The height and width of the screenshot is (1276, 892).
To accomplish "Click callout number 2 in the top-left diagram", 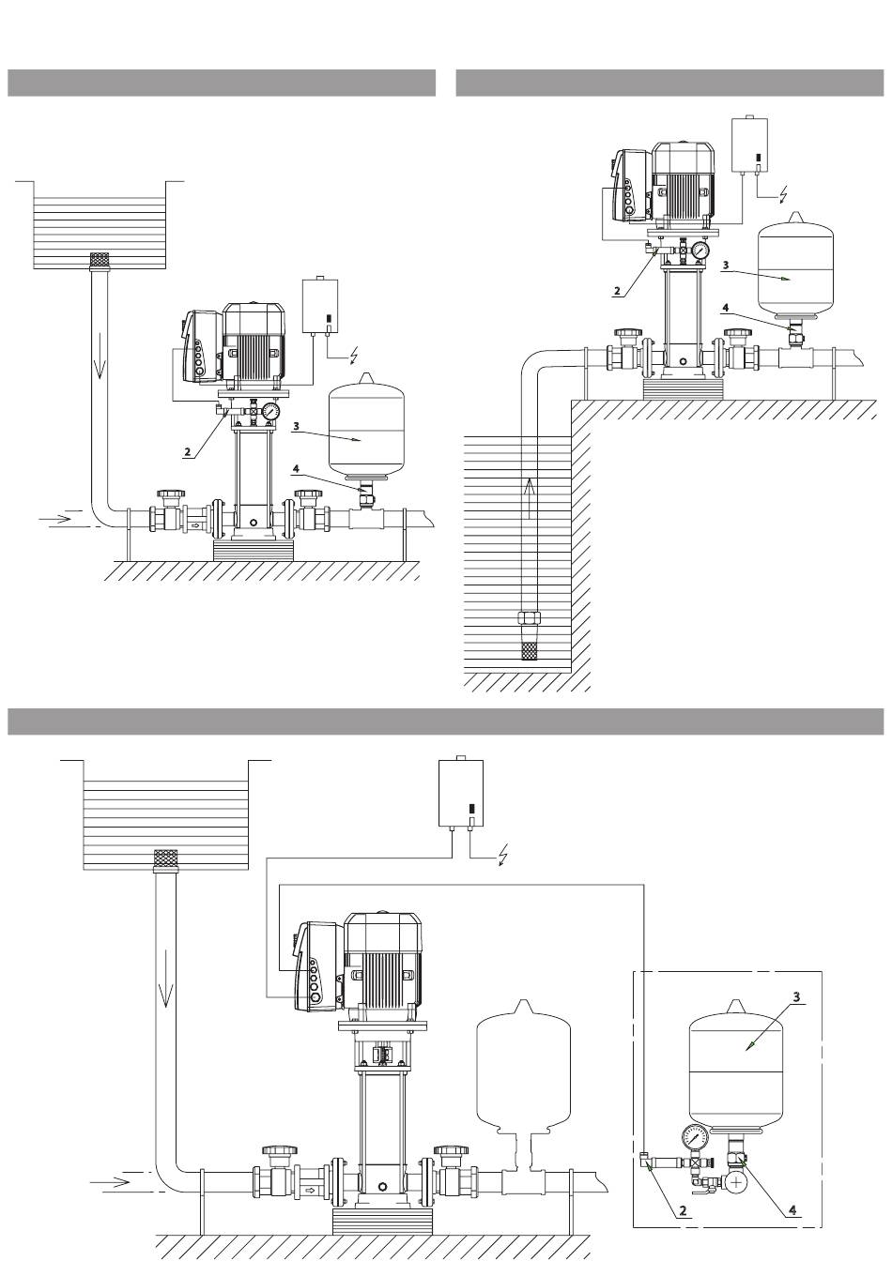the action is pyautogui.click(x=187, y=452).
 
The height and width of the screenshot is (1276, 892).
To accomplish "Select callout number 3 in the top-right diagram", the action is pyautogui.click(x=725, y=265).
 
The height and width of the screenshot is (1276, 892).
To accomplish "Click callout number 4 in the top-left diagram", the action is pyautogui.click(x=295, y=469).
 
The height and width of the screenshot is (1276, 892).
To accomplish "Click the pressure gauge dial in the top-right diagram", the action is pyautogui.click(x=700, y=251).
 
